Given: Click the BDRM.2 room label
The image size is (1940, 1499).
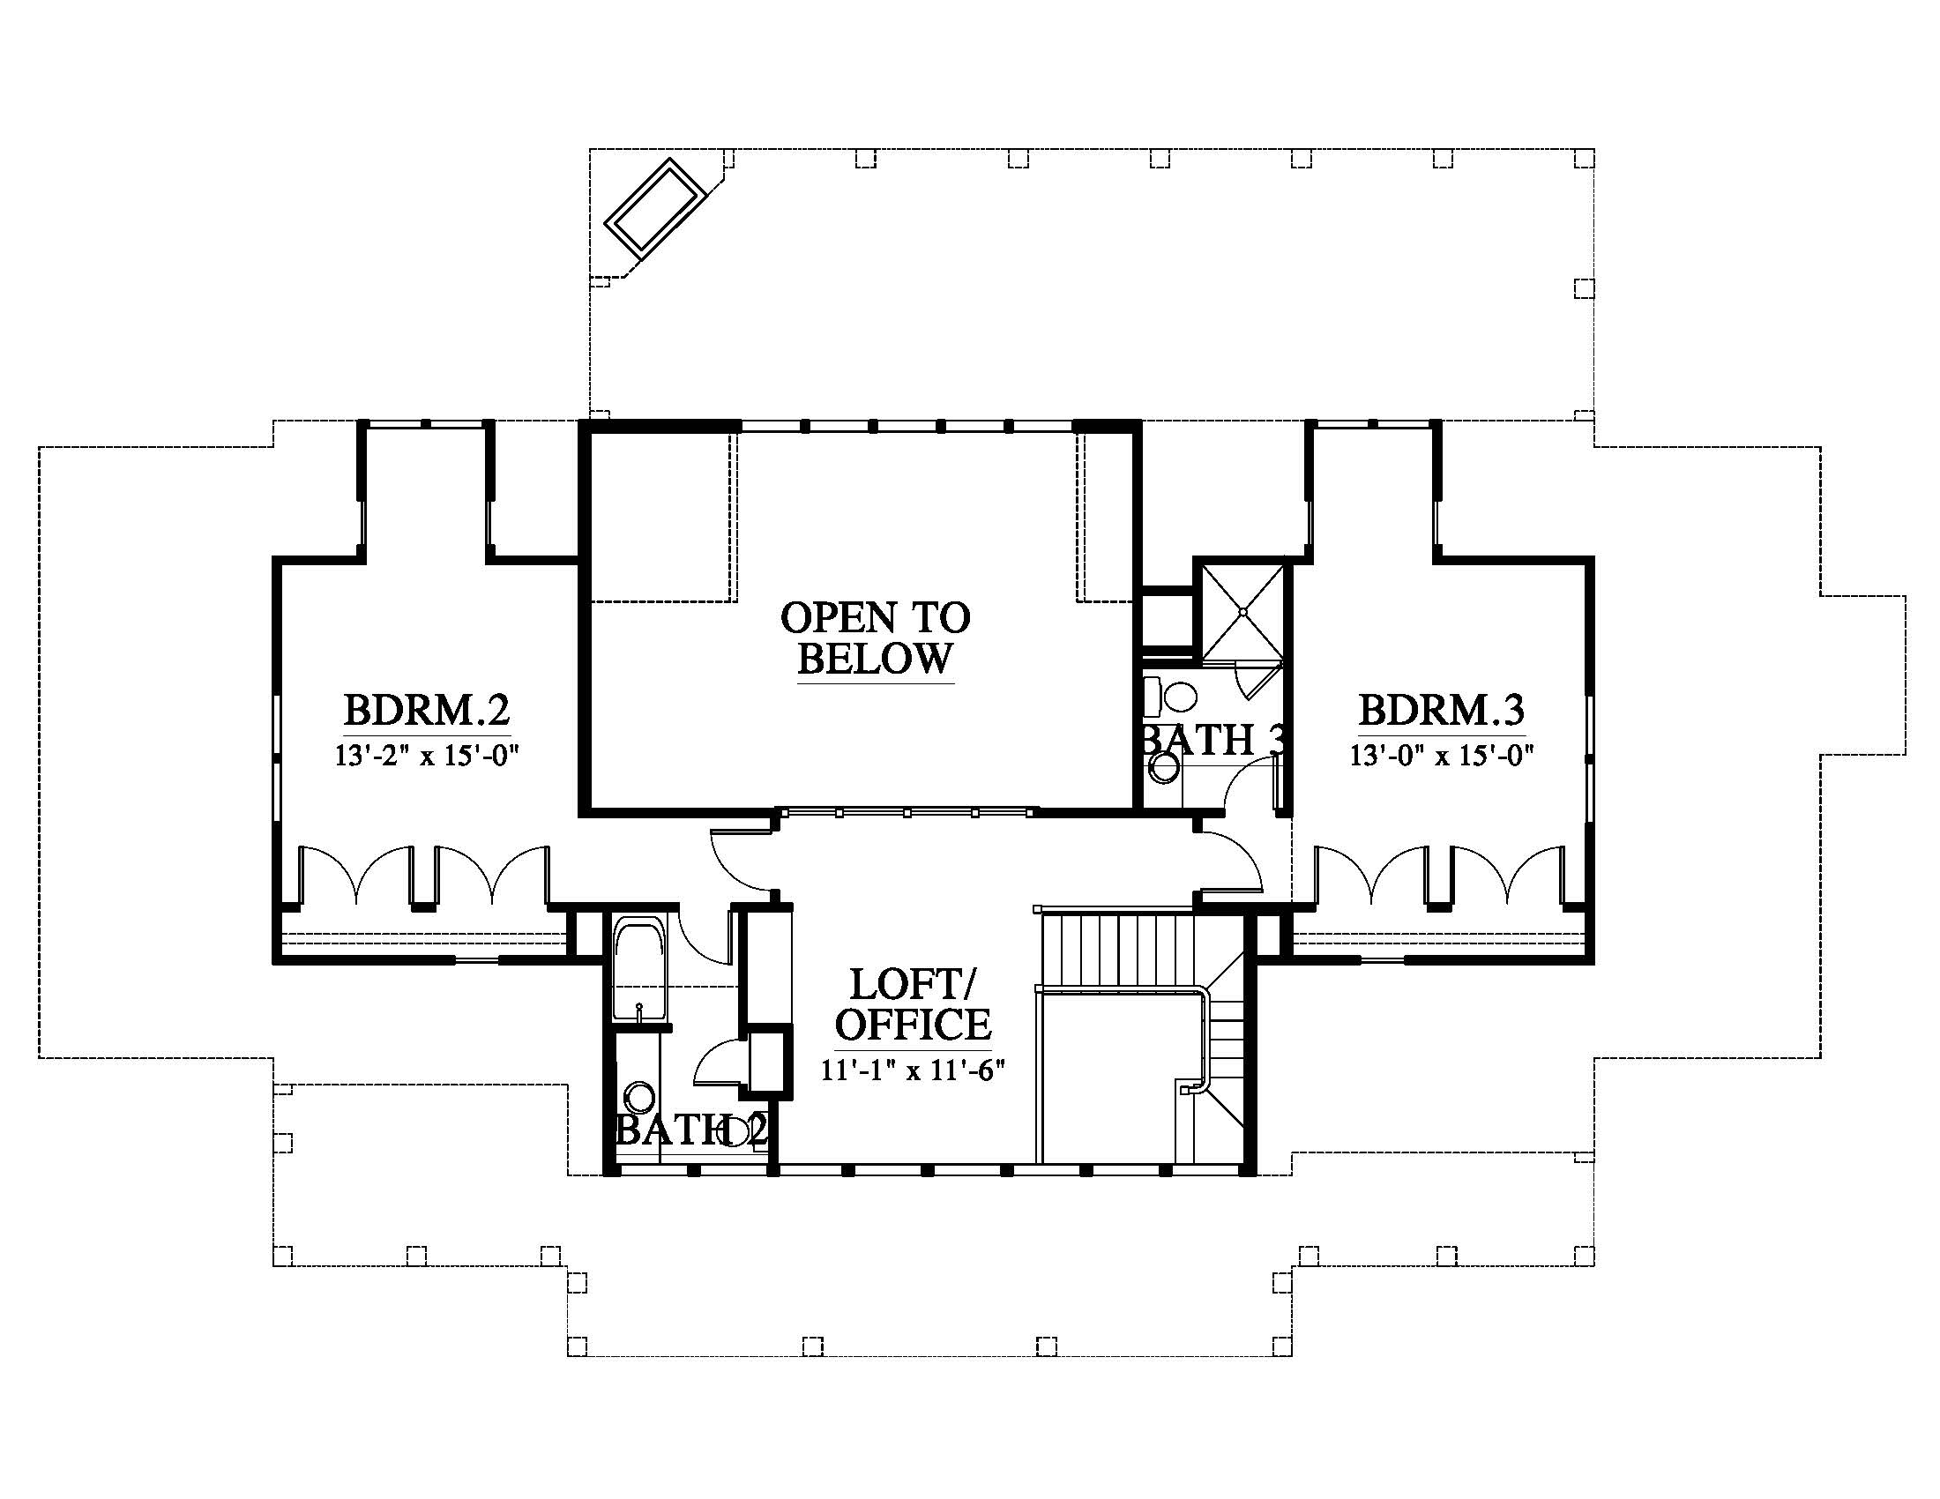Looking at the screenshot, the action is pyautogui.click(x=427, y=711).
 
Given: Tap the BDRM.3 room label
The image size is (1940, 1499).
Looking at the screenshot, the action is pyautogui.click(x=1442, y=711).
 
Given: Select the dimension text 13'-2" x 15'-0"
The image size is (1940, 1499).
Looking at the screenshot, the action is pyautogui.click(x=427, y=756).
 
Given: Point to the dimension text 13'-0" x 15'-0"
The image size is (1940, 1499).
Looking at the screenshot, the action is pyautogui.click(x=1443, y=756).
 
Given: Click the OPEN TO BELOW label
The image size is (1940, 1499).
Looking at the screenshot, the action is pyautogui.click(x=876, y=638).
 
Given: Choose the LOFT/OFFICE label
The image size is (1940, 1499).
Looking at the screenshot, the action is pyautogui.click(x=914, y=1004).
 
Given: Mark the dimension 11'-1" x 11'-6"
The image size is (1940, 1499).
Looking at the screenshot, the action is pyautogui.click(x=913, y=1070).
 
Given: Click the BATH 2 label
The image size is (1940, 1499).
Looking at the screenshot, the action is pyautogui.click(x=691, y=1130).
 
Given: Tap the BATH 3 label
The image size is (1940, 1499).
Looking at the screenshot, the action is pyautogui.click(x=1213, y=740).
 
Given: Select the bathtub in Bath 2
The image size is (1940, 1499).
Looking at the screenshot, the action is pyautogui.click(x=639, y=971).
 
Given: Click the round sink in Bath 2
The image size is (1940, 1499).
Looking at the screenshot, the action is pyautogui.click(x=638, y=1097).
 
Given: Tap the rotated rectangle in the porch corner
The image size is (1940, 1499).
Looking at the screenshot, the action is pyautogui.click(x=656, y=209).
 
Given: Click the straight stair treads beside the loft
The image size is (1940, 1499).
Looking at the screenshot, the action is pyautogui.click(x=1117, y=948).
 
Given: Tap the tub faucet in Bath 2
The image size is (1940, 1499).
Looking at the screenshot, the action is pyautogui.click(x=639, y=1010).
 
